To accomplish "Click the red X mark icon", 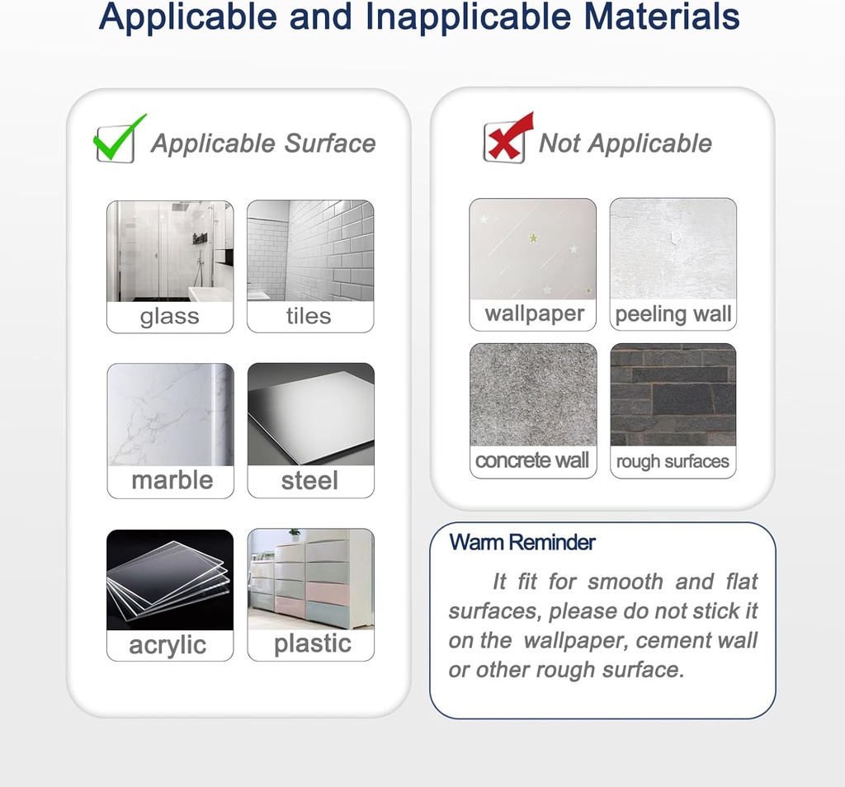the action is tap(507, 139).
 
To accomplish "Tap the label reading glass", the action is tap(170, 317).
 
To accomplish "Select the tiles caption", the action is tap(309, 316).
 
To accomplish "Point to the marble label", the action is tap(172, 480).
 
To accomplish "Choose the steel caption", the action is tap(310, 480).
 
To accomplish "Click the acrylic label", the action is tap(168, 645).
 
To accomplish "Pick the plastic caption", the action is tap(313, 643).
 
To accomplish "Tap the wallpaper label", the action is tap(535, 314).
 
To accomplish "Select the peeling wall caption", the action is tap(673, 314).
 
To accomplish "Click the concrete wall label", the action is tap(532, 460).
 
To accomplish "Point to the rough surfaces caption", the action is tap(673, 462).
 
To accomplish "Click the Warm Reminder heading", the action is tap(522, 543).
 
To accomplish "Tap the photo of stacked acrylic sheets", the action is tap(170, 580).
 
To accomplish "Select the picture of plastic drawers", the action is tap(311, 579).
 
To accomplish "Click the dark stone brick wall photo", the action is tap(673, 395).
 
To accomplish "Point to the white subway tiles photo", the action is tap(310, 251).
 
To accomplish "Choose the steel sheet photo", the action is tap(311, 414).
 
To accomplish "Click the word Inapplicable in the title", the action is tap(469, 16).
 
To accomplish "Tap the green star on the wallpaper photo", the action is tap(534, 238).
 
